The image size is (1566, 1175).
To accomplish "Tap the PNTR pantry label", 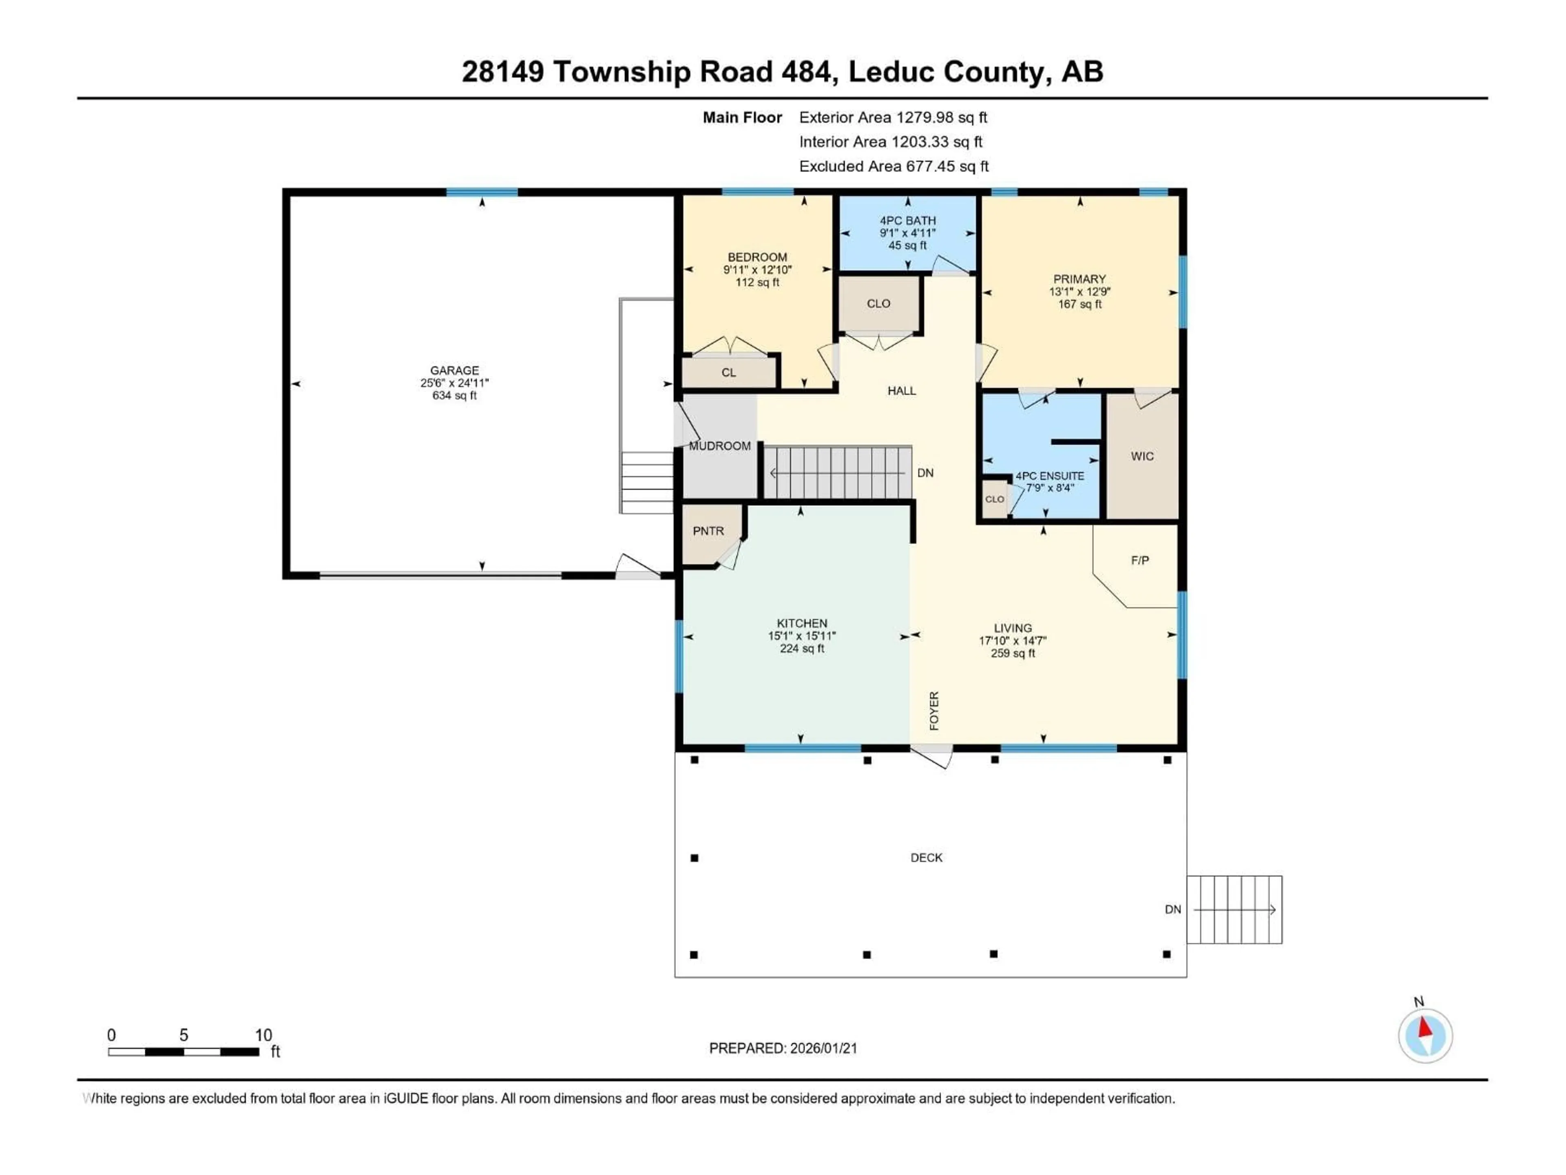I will coord(708,530).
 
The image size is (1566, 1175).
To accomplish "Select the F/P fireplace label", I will coord(1139,560).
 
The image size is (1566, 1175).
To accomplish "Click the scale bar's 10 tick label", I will coord(263,1035).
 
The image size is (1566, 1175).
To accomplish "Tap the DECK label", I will coord(926,857).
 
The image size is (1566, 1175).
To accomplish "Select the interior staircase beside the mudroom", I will coord(837,472).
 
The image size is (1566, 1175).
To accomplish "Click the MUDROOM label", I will coord(719,446).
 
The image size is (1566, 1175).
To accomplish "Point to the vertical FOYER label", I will coord(934,710).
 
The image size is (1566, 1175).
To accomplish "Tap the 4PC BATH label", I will coord(908,220).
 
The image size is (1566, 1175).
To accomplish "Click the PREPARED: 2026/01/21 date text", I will coord(783,1048).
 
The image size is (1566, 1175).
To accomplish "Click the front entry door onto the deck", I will coord(932,756).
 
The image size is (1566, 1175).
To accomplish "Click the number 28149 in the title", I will coord(503,71).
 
